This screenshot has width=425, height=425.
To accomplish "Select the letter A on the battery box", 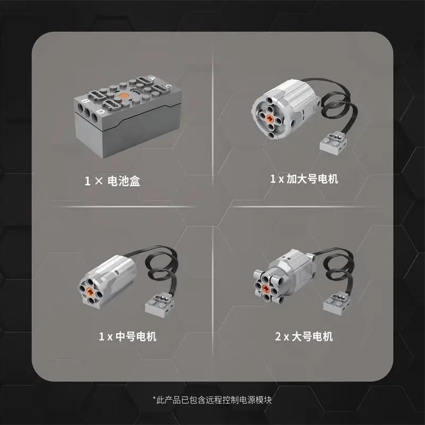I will [154, 79].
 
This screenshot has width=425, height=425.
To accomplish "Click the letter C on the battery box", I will [168, 86].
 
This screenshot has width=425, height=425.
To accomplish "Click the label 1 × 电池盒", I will [113, 181].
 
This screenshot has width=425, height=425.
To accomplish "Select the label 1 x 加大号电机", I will [304, 179].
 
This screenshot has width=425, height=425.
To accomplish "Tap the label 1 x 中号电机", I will [127, 336].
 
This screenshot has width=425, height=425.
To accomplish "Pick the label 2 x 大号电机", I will [304, 336].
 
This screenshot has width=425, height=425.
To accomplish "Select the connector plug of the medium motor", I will [158, 304].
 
